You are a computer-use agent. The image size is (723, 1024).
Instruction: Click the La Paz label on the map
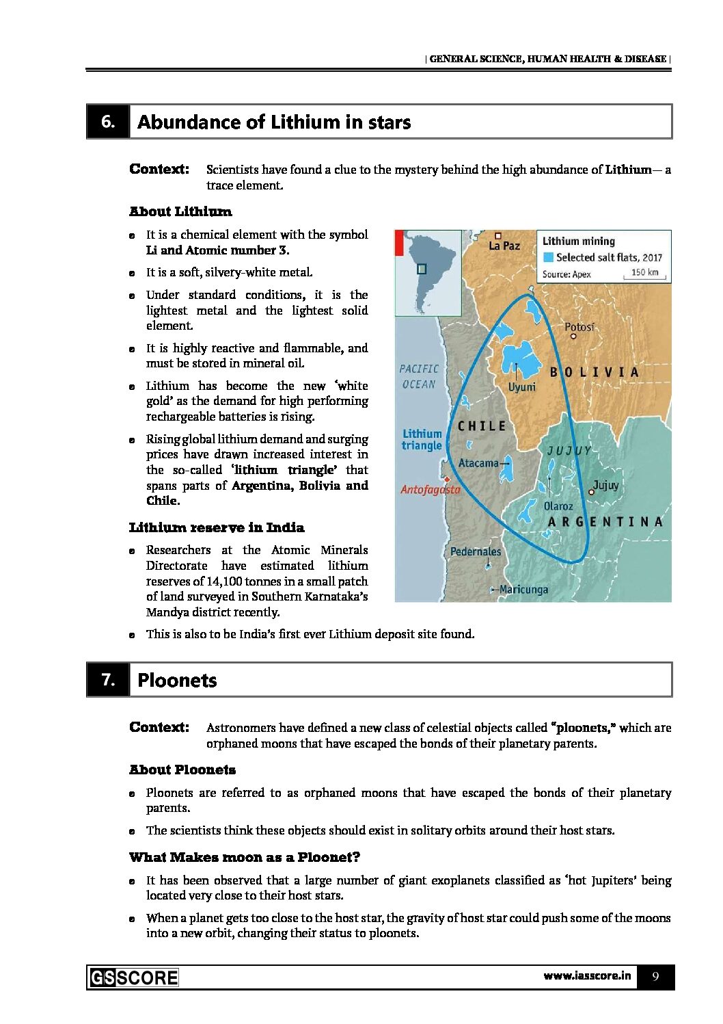click(x=504, y=246)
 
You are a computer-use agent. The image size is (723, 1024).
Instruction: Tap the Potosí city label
click(x=579, y=327)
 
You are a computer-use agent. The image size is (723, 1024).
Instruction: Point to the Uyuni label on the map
click(x=522, y=387)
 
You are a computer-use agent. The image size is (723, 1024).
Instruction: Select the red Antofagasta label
click(x=430, y=489)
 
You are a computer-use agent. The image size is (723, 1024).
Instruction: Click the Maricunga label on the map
click(x=523, y=589)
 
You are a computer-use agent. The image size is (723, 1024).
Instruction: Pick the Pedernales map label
click(x=476, y=551)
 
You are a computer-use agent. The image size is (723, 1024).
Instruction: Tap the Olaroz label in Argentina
click(x=558, y=506)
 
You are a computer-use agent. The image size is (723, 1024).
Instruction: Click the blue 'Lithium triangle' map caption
click(x=422, y=439)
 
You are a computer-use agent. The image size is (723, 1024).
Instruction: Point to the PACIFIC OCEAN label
click(x=419, y=376)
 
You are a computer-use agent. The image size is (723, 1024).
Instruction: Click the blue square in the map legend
click(x=548, y=257)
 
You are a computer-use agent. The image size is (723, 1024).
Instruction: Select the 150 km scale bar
click(x=644, y=274)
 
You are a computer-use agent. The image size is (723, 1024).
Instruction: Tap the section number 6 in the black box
click(x=108, y=122)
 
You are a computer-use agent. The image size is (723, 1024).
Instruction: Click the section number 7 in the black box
click(x=108, y=679)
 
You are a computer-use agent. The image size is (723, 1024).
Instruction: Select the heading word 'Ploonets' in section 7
click(x=177, y=681)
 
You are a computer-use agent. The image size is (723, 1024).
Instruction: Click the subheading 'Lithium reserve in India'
click(x=217, y=527)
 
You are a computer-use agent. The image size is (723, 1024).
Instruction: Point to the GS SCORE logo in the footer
click(x=134, y=977)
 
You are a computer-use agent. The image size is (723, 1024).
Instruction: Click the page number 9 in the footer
click(x=655, y=976)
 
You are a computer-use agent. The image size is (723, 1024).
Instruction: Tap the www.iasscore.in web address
click(x=587, y=975)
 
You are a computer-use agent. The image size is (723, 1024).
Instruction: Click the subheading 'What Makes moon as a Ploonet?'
click(x=244, y=857)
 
